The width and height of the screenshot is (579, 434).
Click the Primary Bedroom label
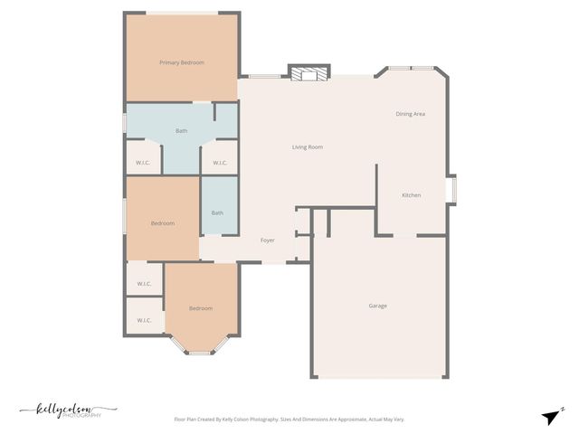(182, 62)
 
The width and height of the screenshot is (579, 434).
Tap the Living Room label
(308, 147)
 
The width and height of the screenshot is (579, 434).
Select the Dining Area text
(411, 114)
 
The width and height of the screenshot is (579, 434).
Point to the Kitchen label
(412, 195)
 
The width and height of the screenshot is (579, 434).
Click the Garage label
(377, 306)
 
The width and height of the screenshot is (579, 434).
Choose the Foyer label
(268, 241)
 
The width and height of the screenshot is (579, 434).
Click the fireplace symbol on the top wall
(309, 73)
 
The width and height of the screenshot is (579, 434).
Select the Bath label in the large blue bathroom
(182, 131)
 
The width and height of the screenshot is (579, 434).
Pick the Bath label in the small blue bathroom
(217, 213)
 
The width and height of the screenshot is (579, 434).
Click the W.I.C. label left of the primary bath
(143, 163)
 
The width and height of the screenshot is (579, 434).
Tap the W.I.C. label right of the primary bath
(220, 163)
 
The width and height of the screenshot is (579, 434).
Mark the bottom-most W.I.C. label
(144, 320)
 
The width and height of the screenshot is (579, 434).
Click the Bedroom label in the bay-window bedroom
(201, 308)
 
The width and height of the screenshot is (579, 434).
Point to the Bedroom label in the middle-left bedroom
(163, 223)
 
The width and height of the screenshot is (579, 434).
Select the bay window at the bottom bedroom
(201, 351)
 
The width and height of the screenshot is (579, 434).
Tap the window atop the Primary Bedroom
(182, 13)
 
